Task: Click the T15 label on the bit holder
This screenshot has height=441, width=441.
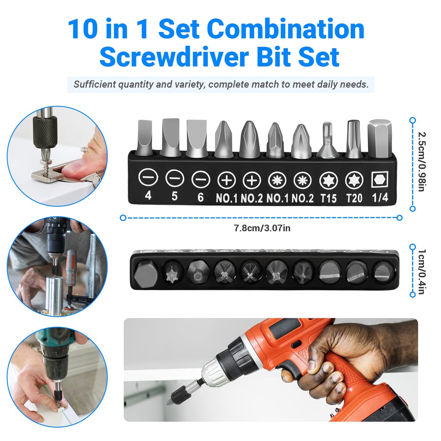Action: (x=328, y=198)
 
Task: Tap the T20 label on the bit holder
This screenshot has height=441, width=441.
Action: (x=354, y=198)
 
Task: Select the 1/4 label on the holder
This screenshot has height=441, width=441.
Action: (x=380, y=198)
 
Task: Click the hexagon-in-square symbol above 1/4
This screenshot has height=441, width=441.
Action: (x=380, y=180)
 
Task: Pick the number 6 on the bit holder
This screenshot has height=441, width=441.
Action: (x=200, y=197)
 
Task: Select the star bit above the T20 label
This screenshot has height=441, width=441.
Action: (x=354, y=139)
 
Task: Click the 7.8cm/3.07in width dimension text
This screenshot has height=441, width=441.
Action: (x=262, y=228)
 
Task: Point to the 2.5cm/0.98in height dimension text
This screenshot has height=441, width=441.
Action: (x=421, y=162)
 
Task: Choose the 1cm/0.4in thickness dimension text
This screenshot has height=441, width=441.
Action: (x=421, y=272)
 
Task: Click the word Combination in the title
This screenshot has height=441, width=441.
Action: (x=286, y=29)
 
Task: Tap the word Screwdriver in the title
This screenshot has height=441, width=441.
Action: (x=173, y=57)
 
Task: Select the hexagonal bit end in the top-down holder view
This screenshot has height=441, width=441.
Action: (x=146, y=271)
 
